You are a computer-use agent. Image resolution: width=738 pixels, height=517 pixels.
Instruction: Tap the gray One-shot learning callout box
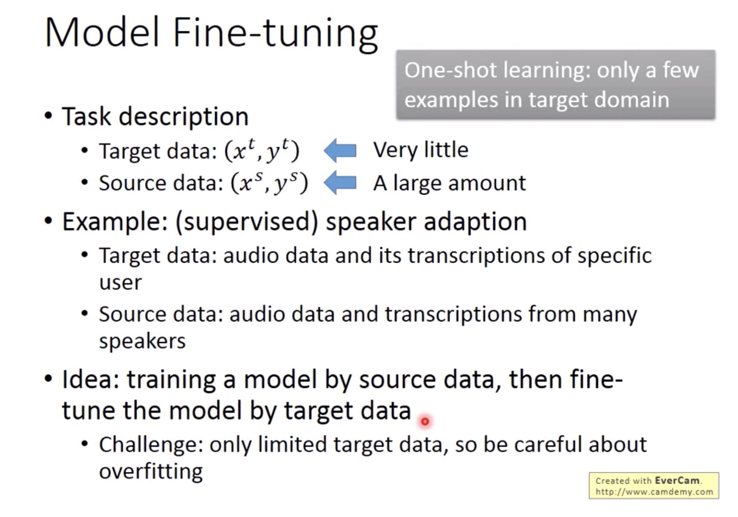pos(556,85)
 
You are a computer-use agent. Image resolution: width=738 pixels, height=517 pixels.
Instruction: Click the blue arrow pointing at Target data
pos(340,150)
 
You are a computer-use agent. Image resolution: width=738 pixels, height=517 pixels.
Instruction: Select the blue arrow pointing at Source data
pos(340,183)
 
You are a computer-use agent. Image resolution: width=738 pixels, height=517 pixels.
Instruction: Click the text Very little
pos(421,150)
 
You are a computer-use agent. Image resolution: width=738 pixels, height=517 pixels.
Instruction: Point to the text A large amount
pos(449,183)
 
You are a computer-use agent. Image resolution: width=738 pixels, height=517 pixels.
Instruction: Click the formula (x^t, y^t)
pos(262,150)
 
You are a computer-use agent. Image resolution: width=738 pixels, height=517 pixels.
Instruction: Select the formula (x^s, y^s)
pos(269,183)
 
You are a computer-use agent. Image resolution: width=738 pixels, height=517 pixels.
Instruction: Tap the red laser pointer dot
pos(425,422)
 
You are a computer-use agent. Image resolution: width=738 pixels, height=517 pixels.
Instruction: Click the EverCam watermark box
pos(654,486)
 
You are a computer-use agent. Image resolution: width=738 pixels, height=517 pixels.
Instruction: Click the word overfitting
pos(151,472)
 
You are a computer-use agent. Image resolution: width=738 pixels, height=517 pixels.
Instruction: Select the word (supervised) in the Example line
pos(247,222)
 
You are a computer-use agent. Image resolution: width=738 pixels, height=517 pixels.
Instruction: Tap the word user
pos(120,283)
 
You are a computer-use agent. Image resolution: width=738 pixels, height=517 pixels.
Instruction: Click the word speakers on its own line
pos(142,342)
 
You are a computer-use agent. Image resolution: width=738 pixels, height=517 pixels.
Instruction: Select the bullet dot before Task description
pos(48,116)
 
